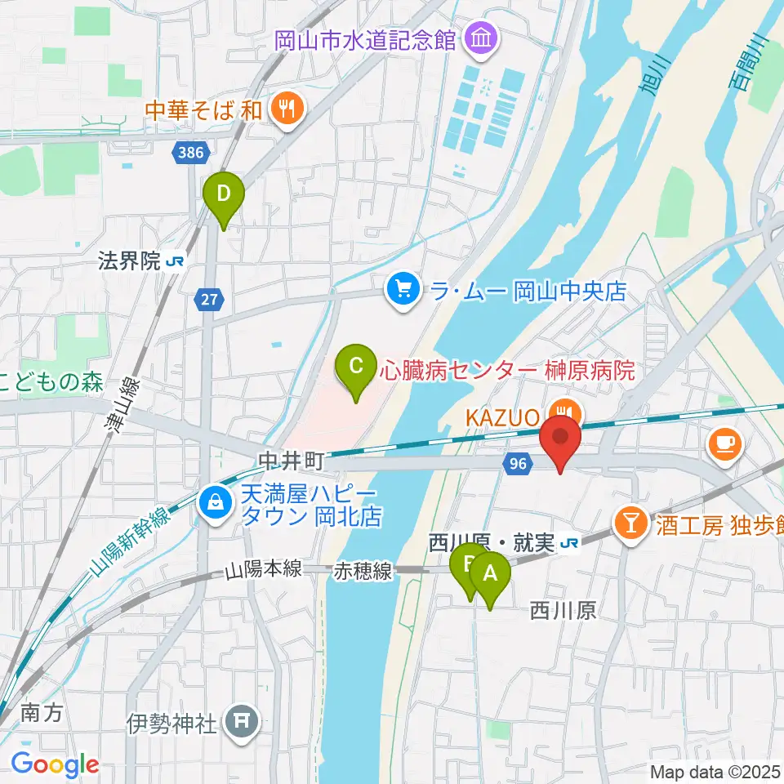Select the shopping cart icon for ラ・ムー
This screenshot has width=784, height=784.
pyautogui.click(x=402, y=289)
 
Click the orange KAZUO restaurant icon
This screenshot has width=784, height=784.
pyautogui.click(x=563, y=411)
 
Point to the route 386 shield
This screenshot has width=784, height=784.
pyautogui.click(x=193, y=151)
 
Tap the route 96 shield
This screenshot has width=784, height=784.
pyautogui.click(x=516, y=463)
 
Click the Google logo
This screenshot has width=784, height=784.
pyautogui.click(x=55, y=764)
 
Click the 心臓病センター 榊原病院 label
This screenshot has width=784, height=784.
pyautogui.click(x=506, y=371)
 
